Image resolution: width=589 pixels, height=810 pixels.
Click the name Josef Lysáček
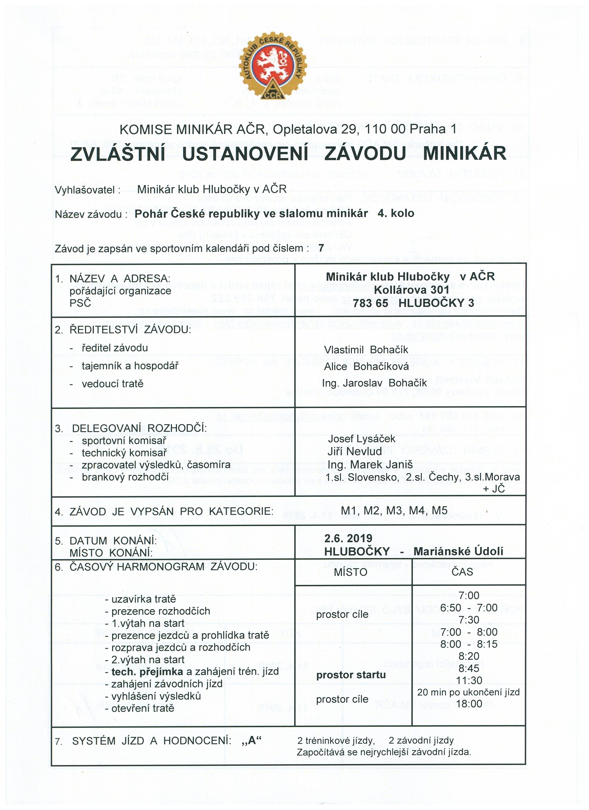pos(361,439)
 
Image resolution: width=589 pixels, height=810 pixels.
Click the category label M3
pos(394,511)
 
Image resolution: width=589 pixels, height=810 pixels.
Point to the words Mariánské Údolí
pos(458,551)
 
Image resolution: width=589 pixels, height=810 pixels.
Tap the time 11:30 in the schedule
pos(469,680)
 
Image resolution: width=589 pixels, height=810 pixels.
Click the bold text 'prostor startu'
pos(351,675)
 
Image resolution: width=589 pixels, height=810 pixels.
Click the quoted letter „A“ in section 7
pos(252,740)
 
